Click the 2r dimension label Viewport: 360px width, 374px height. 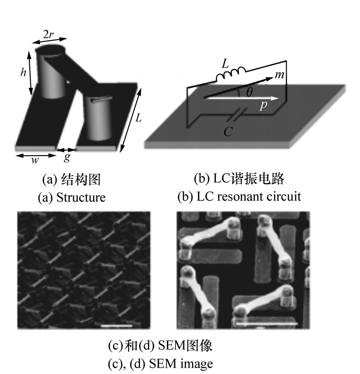point(49,35)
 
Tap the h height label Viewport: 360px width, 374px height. point(23,72)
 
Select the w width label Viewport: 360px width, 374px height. point(35,160)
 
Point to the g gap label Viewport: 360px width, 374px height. point(67,157)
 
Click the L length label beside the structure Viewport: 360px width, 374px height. point(138,118)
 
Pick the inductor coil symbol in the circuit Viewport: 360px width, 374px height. point(231,74)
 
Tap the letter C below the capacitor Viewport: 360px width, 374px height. point(228,131)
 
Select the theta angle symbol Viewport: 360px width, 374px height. point(249,92)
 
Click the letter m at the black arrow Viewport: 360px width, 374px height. point(279,75)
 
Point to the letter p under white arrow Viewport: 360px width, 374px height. point(263,106)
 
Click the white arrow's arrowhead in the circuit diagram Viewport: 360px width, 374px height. point(275,98)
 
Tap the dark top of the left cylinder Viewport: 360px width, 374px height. point(50,50)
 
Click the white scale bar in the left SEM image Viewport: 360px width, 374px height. point(117,325)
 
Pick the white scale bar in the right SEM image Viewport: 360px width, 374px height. point(267,324)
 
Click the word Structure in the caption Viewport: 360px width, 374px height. point(81,197)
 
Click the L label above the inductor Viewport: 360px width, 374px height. point(225,64)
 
